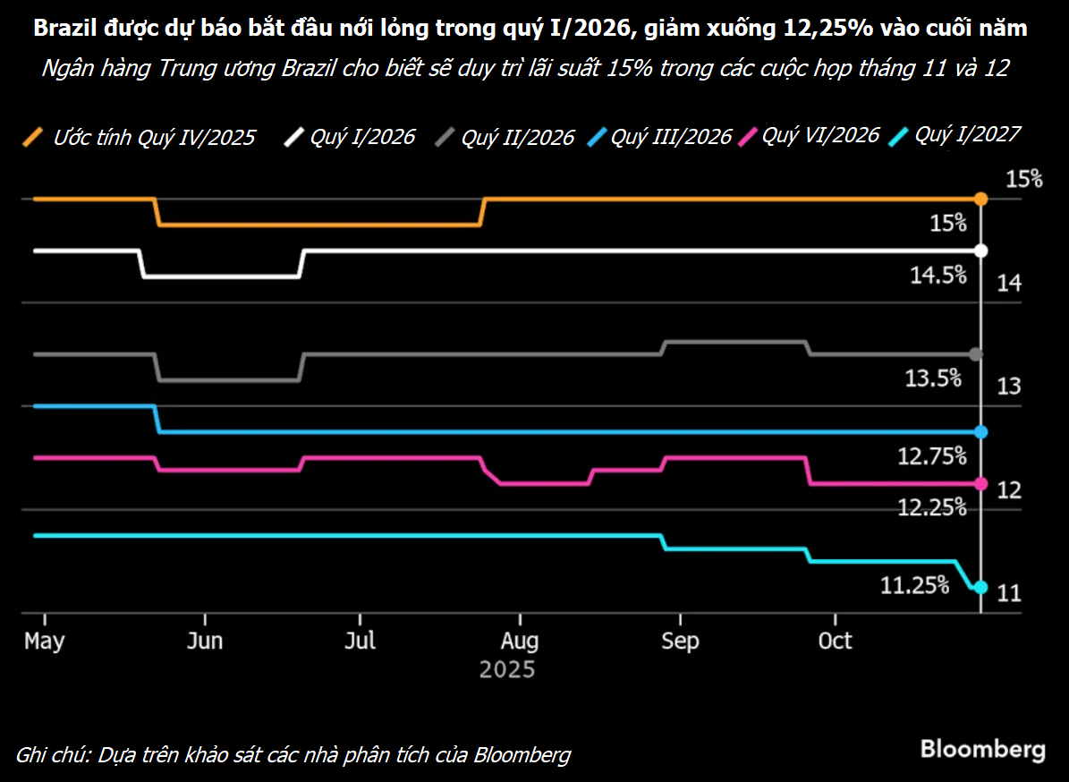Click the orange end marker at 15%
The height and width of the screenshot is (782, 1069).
click(980, 199)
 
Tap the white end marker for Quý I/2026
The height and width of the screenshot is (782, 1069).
click(980, 251)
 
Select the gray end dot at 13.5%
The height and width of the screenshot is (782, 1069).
click(976, 354)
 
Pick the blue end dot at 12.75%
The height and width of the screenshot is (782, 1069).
click(980, 432)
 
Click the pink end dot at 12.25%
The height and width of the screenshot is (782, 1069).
click(980, 484)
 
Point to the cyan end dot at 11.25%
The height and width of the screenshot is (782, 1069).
click(980, 587)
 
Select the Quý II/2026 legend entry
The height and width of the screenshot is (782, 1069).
click(505, 137)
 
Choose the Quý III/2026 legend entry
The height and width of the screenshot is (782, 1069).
click(661, 137)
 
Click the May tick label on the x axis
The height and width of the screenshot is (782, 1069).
click(45, 642)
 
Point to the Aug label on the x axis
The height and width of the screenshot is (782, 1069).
click(520, 642)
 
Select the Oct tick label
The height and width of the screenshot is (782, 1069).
click(836, 642)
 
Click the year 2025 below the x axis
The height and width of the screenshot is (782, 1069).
click(506, 669)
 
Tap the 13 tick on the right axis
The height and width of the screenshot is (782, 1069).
click(1009, 387)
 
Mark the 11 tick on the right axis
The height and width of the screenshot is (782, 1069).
click(1009, 593)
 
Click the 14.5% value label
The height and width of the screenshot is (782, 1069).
click(937, 275)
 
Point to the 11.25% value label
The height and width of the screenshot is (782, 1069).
click(914, 585)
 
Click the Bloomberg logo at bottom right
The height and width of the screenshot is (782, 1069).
click(982, 748)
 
